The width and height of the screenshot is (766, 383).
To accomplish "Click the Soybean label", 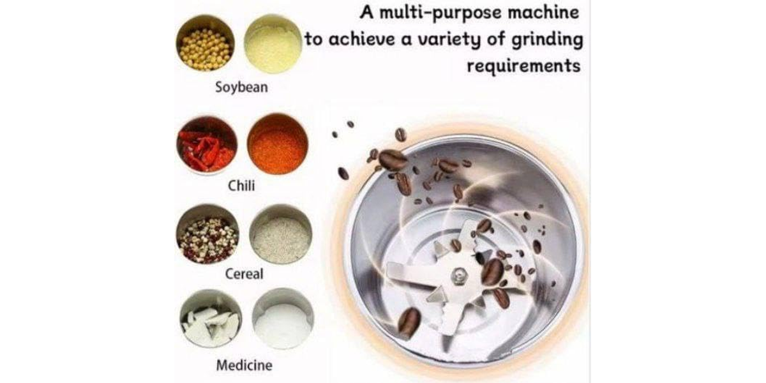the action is (241, 87).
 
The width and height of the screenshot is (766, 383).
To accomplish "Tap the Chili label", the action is (241, 186).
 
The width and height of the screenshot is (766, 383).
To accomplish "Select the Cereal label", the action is (244, 274).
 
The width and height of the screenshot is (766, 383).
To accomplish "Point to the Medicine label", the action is (244, 365).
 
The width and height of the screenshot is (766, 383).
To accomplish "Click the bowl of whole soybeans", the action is (205, 43).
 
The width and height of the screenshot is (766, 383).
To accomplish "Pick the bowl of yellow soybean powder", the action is (273, 44).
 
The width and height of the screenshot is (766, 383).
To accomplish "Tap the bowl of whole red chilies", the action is (207, 144).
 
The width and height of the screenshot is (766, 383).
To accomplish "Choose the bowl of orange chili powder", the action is (277, 144).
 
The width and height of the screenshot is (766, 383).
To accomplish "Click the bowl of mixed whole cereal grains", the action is (207, 234).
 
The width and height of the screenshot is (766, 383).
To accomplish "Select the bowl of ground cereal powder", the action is (281, 234).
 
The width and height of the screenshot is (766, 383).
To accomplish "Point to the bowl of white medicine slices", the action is (211, 319).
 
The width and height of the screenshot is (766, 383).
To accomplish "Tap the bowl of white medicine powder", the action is (283, 319).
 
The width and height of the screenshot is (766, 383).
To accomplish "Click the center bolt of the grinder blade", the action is (458, 275).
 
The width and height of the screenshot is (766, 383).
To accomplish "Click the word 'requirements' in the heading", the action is (523, 66).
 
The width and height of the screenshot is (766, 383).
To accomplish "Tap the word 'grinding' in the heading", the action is (547, 40).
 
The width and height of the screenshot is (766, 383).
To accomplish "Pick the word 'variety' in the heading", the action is (449, 40).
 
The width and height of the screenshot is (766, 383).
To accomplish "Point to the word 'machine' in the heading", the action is (543, 13).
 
